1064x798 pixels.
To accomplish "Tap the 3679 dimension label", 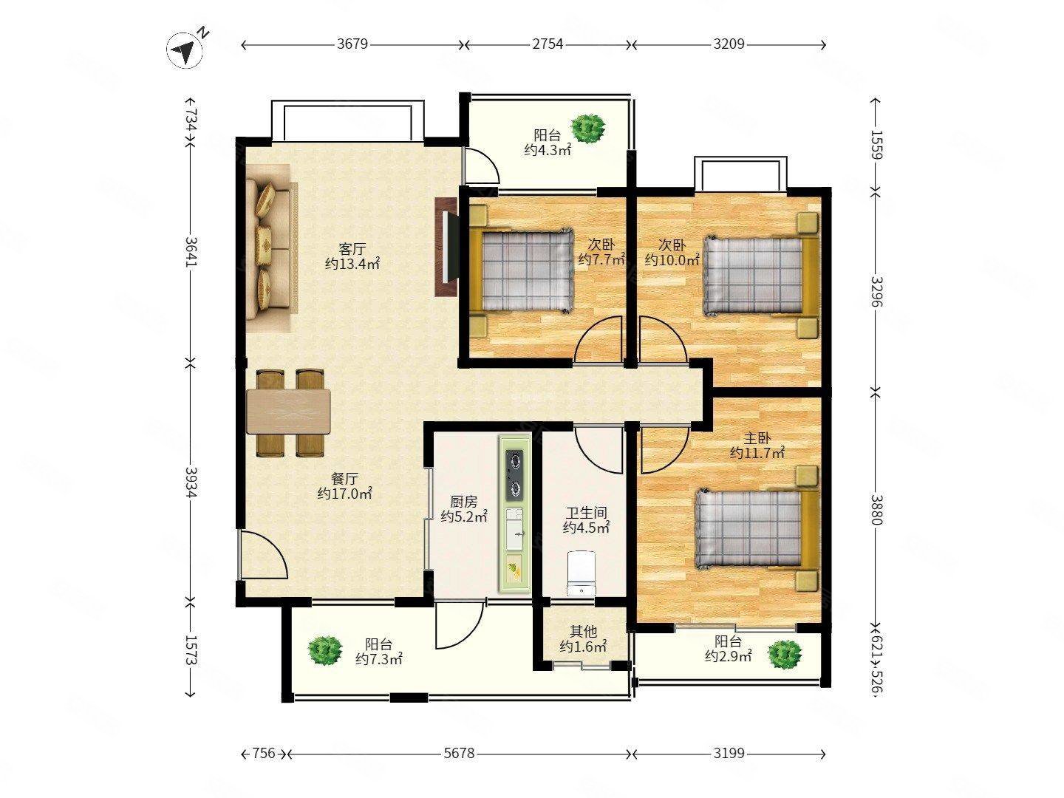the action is (352, 44).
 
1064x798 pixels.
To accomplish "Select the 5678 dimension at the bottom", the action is (460, 754).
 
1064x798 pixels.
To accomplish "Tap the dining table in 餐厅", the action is (290, 412).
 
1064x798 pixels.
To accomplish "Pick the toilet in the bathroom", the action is (582, 572).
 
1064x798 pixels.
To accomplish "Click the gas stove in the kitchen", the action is (515, 475).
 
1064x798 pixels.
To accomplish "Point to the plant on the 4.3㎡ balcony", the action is (588, 128).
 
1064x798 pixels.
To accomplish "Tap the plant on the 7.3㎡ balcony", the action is (325, 650).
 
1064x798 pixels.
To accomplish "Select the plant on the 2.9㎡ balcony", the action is (784, 654).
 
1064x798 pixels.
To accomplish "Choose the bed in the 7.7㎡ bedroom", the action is (523, 270).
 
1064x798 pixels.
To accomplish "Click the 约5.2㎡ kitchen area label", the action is (464, 516).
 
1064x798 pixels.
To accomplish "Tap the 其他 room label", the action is (583, 631).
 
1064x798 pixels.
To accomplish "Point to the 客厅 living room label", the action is (352, 249).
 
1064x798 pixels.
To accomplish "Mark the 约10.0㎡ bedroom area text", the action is (672, 260).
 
